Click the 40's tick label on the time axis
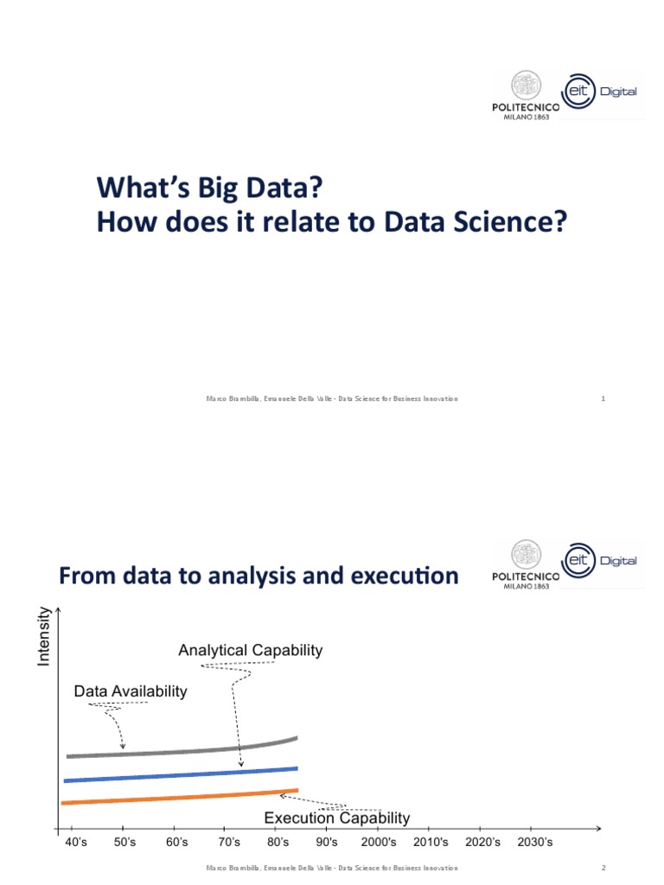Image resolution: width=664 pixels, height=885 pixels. [x=76, y=843]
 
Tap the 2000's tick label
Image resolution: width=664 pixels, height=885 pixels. [x=379, y=843]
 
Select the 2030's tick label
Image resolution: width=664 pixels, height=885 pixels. [x=535, y=843]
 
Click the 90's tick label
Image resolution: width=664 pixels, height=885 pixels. [x=327, y=843]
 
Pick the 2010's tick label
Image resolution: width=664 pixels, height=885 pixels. [x=431, y=843]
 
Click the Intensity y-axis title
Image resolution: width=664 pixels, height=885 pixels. [x=43, y=636]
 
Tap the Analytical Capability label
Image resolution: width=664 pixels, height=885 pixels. [x=250, y=651]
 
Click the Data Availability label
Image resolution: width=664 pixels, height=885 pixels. [x=131, y=691]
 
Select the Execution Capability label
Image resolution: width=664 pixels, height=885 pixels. [x=336, y=818]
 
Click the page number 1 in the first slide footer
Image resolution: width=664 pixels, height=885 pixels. [x=603, y=398]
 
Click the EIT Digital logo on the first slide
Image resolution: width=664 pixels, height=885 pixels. [x=603, y=91]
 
